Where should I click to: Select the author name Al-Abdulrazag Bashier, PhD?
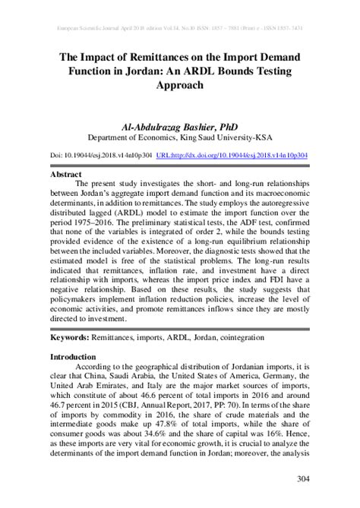[x=179, y=124]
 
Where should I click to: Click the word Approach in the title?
[x=179, y=87]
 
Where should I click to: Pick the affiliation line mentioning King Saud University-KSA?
[x=179, y=137]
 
